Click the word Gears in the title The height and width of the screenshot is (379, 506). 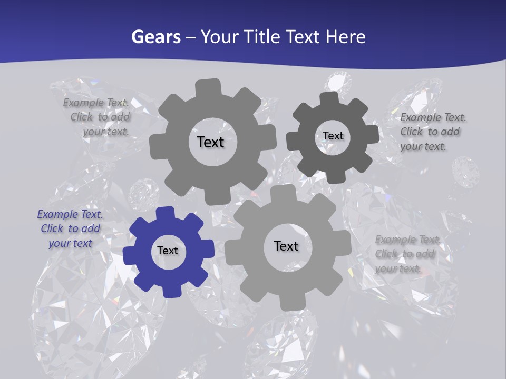coord(155,37)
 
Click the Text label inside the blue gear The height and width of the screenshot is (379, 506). coord(168,251)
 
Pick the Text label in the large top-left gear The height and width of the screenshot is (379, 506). coord(210,142)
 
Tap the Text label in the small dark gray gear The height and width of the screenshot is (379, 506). coord(333,136)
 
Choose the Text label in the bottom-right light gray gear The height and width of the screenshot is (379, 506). coord(286,246)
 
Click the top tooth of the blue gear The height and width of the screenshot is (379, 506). coord(166,213)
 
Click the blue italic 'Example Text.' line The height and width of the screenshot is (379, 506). coord(70,215)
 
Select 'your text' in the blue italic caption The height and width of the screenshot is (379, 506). coord(70,243)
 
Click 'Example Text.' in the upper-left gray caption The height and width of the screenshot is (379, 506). coord(96,103)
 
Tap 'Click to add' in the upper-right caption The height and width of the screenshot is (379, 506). coord(430,132)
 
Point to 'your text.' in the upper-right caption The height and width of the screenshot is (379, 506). coord(423,146)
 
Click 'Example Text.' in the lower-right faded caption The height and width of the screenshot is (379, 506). coord(408,240)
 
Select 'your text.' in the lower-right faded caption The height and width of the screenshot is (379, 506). coord(398,268)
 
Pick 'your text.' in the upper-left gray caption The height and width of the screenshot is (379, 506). coord(105,132)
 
